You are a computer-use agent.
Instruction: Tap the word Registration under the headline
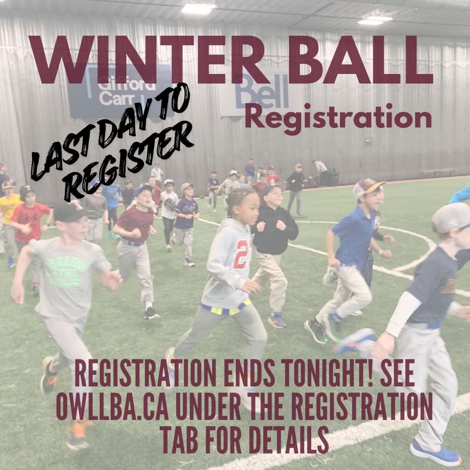(x=338, y=117)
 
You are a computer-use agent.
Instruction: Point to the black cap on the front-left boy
(x=70, y=212)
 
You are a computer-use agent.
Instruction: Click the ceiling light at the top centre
(x=198, y=8)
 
